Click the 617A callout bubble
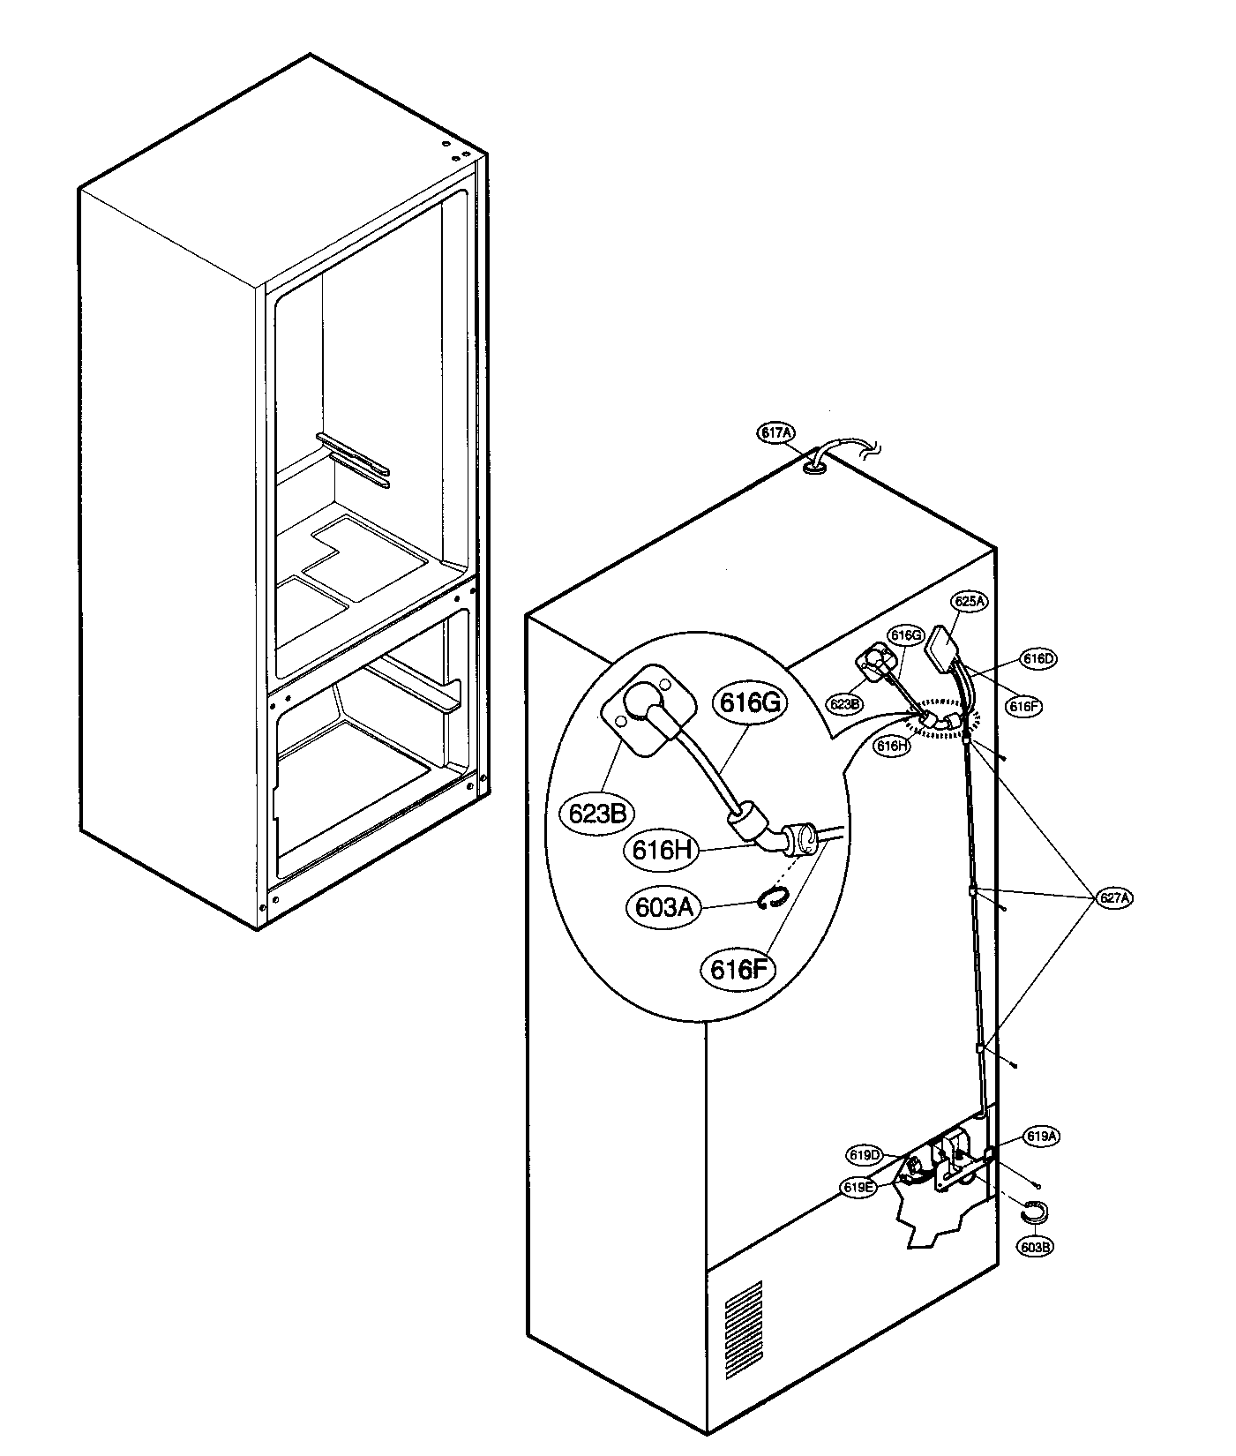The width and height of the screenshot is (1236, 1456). [776, 432]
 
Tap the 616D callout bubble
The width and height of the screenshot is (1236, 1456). [1039, 658]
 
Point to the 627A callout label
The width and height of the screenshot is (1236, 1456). [1114, 898]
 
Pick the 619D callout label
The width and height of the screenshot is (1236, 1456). [865, 1155]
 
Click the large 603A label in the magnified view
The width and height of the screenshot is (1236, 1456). [663, 907]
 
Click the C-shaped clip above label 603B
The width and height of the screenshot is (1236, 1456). [1034, 1212]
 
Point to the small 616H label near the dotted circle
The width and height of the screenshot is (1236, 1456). [891, 746]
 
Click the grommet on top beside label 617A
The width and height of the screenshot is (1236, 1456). [816, 469]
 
